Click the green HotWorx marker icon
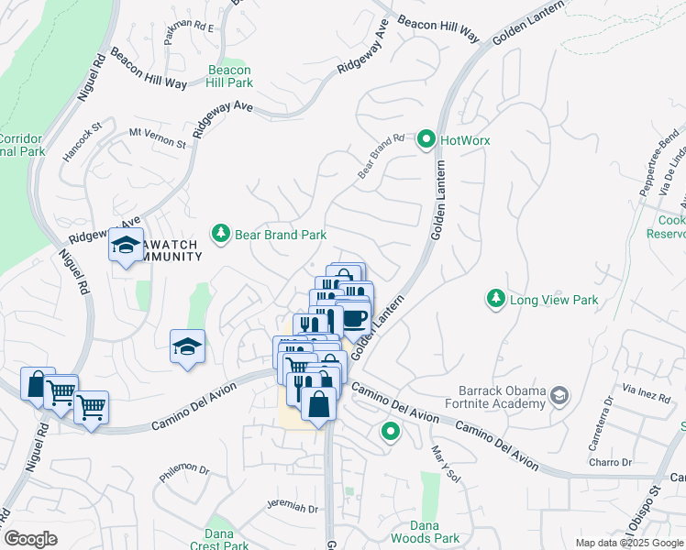tap(426, 140)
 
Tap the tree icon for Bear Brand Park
tap(220, 235)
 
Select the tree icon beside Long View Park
tap(495, 299)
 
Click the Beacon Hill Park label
tap(229, 76)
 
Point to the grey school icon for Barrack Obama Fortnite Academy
tap(558, 396)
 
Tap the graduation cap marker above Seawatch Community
tap(126, 245)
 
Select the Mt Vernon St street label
tap(157, 138)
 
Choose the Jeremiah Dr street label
tap(292, 508)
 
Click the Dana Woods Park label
tap(433, 532)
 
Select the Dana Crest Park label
tap(219, 539)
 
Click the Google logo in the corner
tap(30, 539)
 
